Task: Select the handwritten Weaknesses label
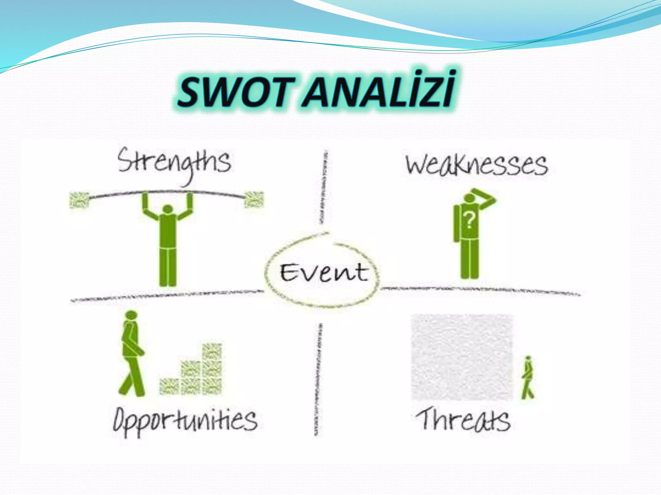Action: pyautogui.click(x=476, y=165)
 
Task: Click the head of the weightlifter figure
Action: pyautogui.click(x=168, y=209)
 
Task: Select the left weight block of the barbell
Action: pyautogui.click(x=79, y=199)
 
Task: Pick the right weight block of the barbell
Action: pyautogui.click(x=254, y=199)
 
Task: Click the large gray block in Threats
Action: pyautogui.click(x=462, y=357)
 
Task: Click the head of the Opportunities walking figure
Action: pyautogui.click(x=131, y=315)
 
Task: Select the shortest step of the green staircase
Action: pyautogui.click(x=169, y=386)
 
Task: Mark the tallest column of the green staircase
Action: pyautogui.click(x=212, y=369)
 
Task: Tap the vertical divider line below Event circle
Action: pyautogui.click(x=318, y=380)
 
